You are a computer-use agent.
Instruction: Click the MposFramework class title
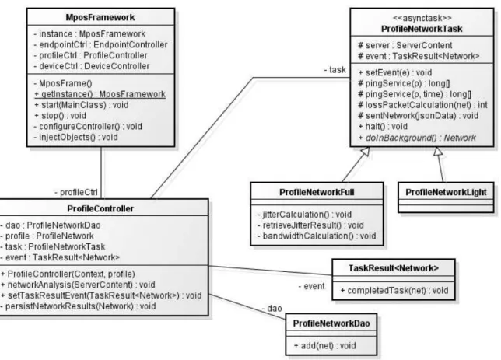[x=100, y=17]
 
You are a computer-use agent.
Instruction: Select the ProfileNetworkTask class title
[x=422, y=29]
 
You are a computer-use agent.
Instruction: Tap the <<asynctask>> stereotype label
[x=422, y=18]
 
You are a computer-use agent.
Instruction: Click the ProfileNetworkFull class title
[x=317, y=192]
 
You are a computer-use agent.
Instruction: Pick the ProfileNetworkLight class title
[x=446, y=192]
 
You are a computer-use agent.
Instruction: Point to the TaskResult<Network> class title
[x=394, y=268]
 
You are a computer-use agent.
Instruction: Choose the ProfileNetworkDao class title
[x=331, y=323]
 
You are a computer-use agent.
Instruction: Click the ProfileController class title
[x=100, y=208]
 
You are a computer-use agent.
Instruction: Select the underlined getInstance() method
[x=100, y=94]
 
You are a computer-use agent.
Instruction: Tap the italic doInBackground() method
[x=417, y=138]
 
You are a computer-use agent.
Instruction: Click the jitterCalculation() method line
[x=304, y=215]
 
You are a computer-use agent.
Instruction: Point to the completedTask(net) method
[x=394, y=290]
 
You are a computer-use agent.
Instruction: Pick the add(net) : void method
[x=324, y=346]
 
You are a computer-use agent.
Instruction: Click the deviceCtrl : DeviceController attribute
[x=91, y=66]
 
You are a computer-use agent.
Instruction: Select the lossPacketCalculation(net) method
[x=422, y=105]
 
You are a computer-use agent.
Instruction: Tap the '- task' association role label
[x=335, y=70]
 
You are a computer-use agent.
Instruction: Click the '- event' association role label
[x=311, y=286]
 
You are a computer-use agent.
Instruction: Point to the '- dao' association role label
[x=272, y=308]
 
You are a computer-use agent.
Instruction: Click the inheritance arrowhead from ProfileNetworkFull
[x=365, y=152]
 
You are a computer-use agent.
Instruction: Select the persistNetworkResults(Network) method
[x=79, y=306]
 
